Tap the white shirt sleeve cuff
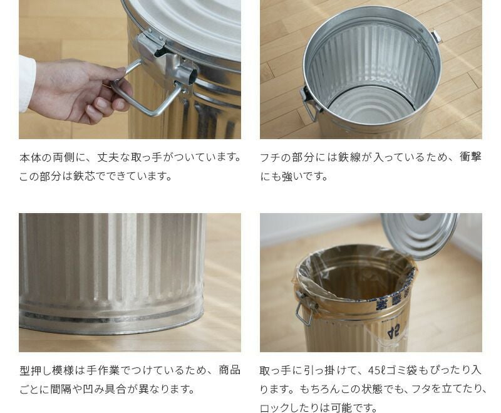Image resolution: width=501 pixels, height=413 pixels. (27, 84)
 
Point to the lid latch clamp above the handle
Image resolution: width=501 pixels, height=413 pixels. (151, 43)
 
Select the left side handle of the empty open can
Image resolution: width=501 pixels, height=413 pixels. (309, 104)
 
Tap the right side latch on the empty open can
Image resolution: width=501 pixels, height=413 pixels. (436, 37)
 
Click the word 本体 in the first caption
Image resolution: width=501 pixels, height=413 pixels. (29, 157)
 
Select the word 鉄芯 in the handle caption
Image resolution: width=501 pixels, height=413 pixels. (84, 176)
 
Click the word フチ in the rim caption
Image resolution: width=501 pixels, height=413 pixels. (270, 157)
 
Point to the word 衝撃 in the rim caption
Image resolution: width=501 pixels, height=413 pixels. (470, 157)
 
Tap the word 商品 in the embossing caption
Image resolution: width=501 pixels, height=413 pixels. (229, 370)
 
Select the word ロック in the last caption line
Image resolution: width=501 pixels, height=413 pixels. (276, 408)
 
